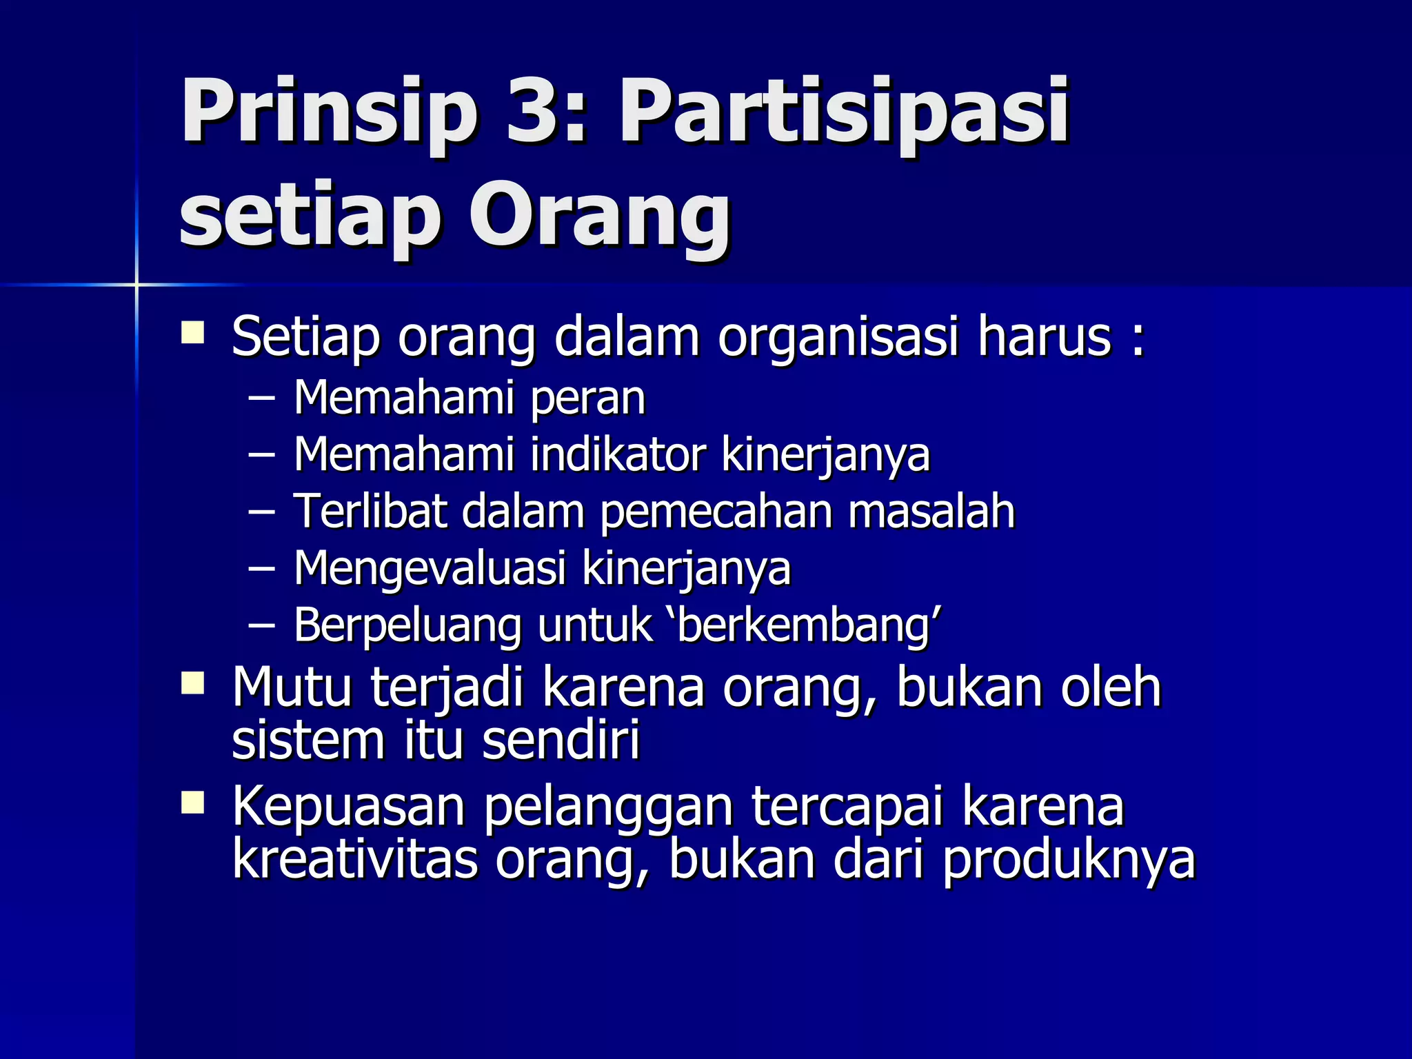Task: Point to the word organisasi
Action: click(x=838, y=338)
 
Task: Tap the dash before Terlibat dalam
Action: click(x=261, y=512)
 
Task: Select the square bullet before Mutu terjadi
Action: click(x=193, y=683)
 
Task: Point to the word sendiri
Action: click(x=561, y=740)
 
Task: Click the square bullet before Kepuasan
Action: click(x=193, y=803)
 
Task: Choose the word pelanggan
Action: click(x=607, y=807)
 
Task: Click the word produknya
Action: click(x=1069, y=860)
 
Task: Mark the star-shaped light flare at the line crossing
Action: click(x=137, y=284)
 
